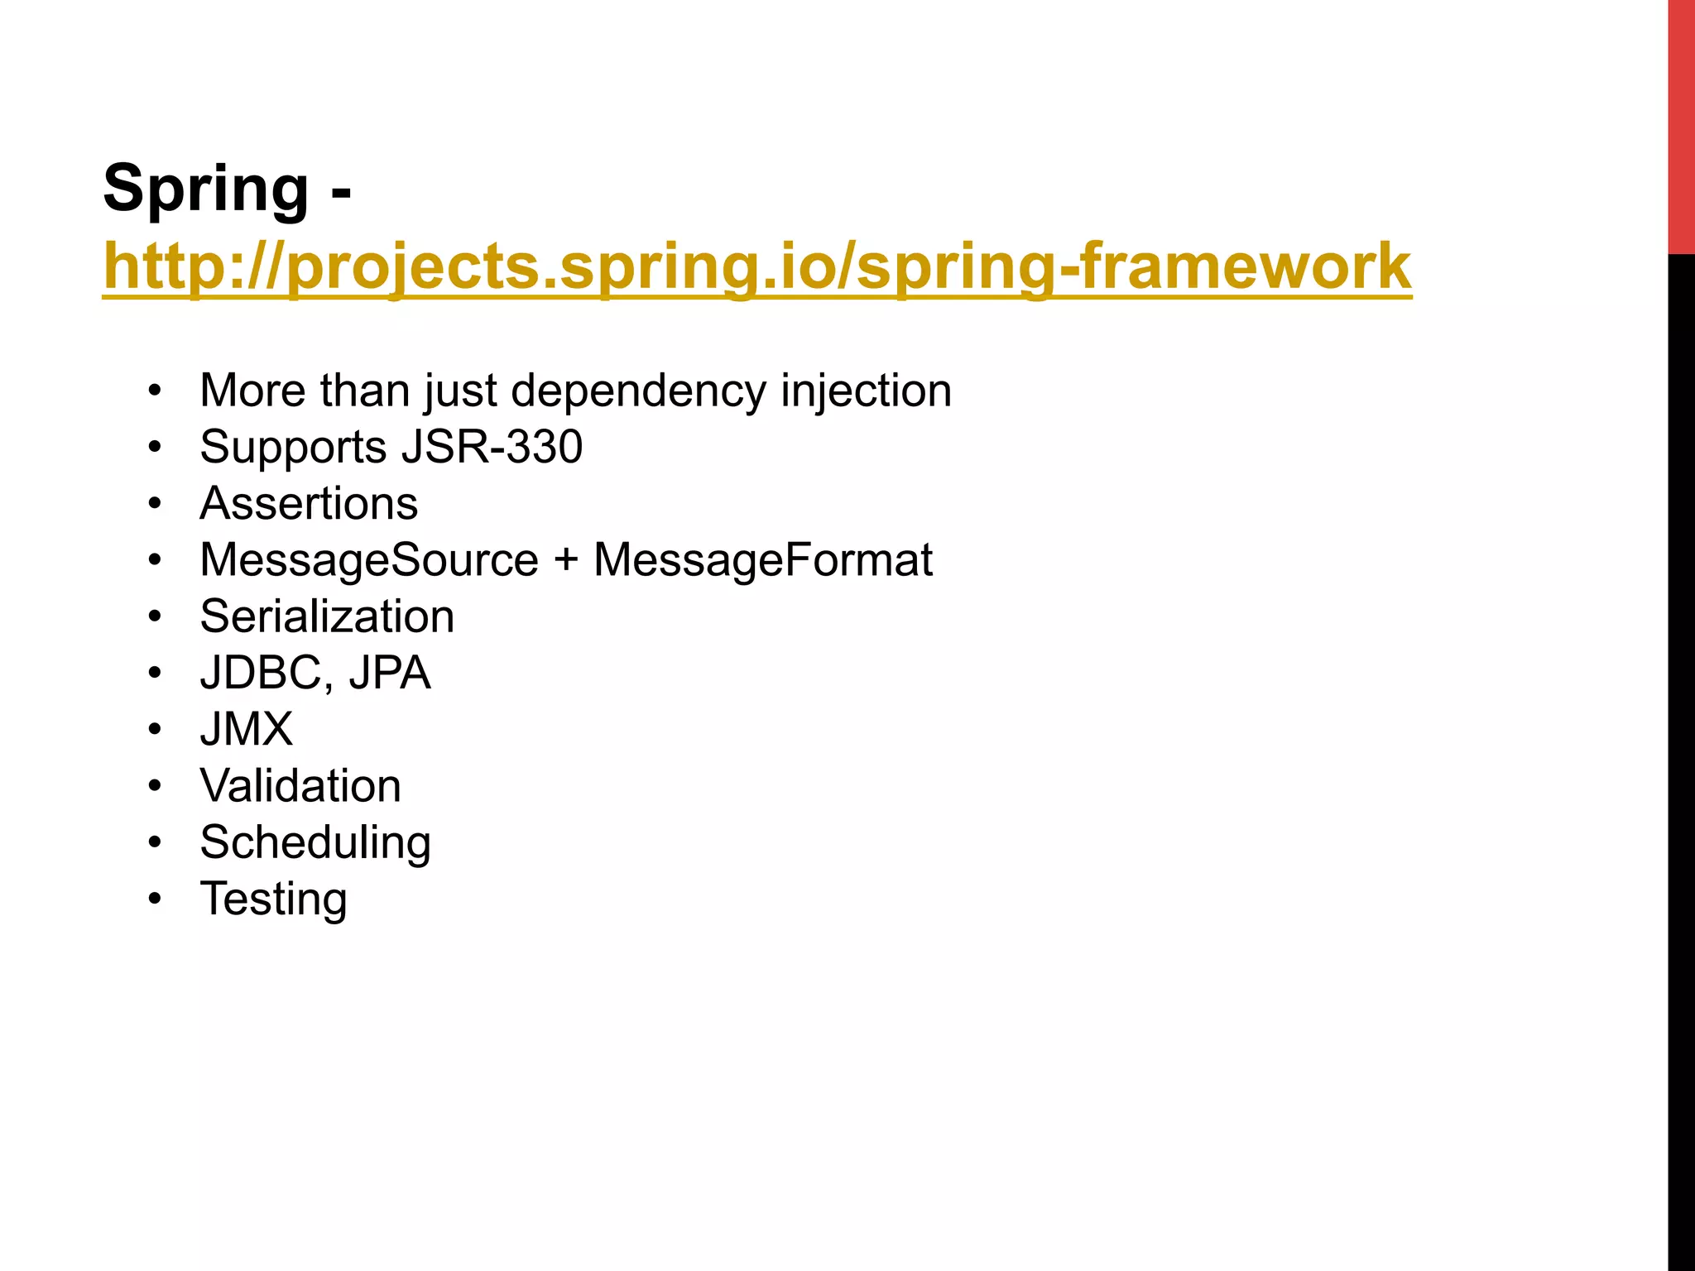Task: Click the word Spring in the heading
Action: [x=205, y=189]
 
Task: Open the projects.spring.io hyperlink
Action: [x=756, y=267]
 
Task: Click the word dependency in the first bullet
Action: [x=638, y=391]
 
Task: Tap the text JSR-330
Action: [x=492, y=447]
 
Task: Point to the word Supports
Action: [x=293, y=448]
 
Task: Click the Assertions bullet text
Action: [x=309, y=504]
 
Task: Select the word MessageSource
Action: [x=369, y=560]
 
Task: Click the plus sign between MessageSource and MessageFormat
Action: [x=566, y=560]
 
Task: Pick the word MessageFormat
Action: [x=762, y=560]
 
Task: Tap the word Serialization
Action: [x=327, y=616]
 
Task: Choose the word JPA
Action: [x=389, y=673]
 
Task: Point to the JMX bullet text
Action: [x=247, y=730]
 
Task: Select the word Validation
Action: [x=300, y=786]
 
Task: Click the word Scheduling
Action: [x=315, y=843]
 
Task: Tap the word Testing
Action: [x=273, y=899]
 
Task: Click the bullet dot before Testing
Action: [x=155, y=899]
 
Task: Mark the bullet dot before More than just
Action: [x=155, y=391]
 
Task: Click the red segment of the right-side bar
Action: [x=1681, y=124]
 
